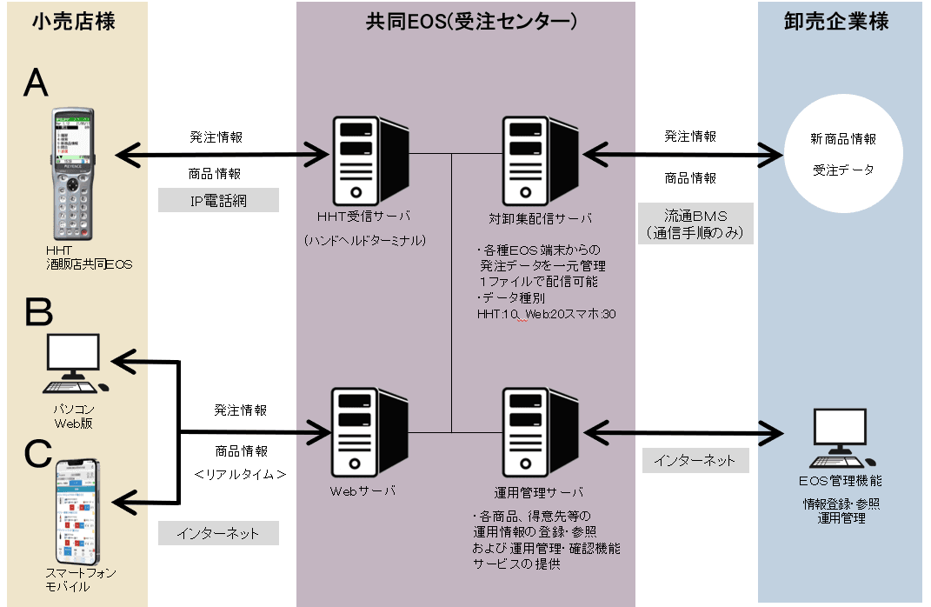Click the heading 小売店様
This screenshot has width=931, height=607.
click(73, 22)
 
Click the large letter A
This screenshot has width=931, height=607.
click(37, 83)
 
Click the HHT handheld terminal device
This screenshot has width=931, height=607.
click(74, 174)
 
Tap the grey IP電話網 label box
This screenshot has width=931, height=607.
click(219, 201)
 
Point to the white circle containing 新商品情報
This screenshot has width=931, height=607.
click(843, 155)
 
